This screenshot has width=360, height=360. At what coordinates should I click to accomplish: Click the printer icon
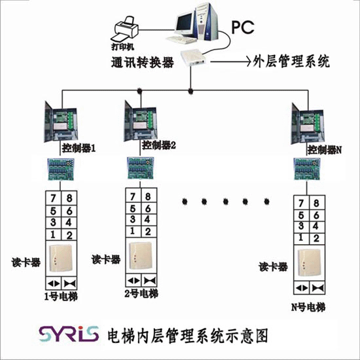125,30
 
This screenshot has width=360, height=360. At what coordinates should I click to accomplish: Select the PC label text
243,27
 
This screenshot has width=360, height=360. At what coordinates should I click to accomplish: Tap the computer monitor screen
185,23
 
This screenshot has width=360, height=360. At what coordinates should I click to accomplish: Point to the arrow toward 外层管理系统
231,62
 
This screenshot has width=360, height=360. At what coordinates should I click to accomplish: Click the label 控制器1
79,149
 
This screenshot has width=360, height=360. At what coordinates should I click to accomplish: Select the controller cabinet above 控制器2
140,121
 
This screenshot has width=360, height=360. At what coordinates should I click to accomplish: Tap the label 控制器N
325,150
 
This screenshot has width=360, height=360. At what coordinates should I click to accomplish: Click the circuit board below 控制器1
61,170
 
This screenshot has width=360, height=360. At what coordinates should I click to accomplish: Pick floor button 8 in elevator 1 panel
69,198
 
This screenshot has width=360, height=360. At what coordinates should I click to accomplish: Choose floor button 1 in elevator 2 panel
133,231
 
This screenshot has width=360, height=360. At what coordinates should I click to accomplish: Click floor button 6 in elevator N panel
317,215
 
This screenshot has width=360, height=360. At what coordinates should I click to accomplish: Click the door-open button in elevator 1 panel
53,283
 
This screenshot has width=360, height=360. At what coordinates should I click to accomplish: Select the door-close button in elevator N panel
317,288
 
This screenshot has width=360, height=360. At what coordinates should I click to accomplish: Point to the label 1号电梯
61,297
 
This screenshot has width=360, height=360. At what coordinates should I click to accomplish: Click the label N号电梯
308,307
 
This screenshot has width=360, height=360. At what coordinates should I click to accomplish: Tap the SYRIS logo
69,334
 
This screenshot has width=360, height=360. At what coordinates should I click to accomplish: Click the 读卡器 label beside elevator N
273,266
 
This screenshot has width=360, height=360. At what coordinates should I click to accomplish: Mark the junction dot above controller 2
139,91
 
